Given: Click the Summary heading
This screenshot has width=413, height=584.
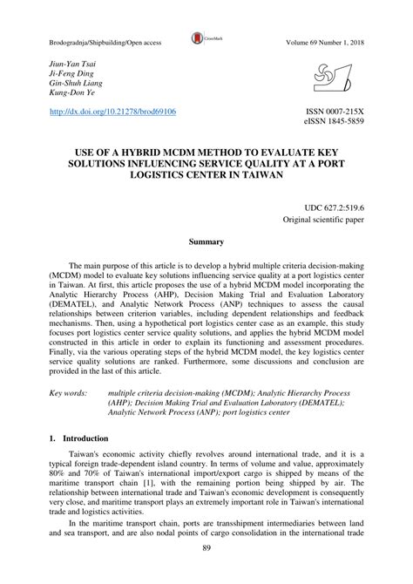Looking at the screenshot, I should tap(207, 241).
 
